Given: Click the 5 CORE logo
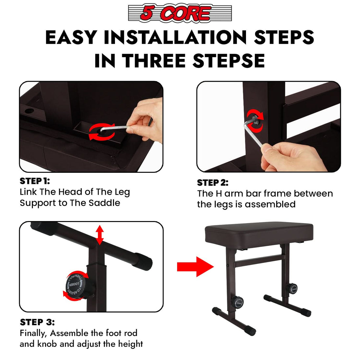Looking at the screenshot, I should click(x=180, y=14).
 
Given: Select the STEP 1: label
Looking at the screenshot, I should click(x=35, y=181).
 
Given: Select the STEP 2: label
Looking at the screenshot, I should click(x=213, y=183).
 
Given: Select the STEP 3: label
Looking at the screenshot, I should click(x=37, y=322).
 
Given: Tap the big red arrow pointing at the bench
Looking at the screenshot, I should click(x=195, y=267).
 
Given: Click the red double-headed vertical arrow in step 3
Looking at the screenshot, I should click(x=100, y=235).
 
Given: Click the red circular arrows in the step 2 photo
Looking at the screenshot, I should click(x=256, y=120).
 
